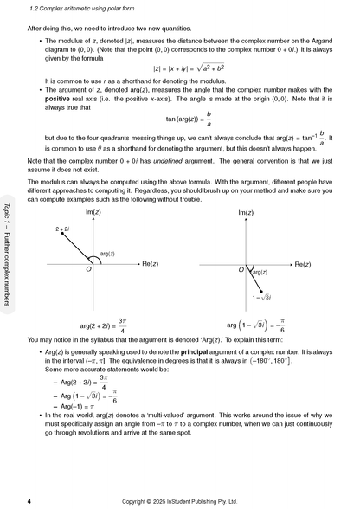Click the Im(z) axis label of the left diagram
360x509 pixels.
(x=93, y=212)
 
